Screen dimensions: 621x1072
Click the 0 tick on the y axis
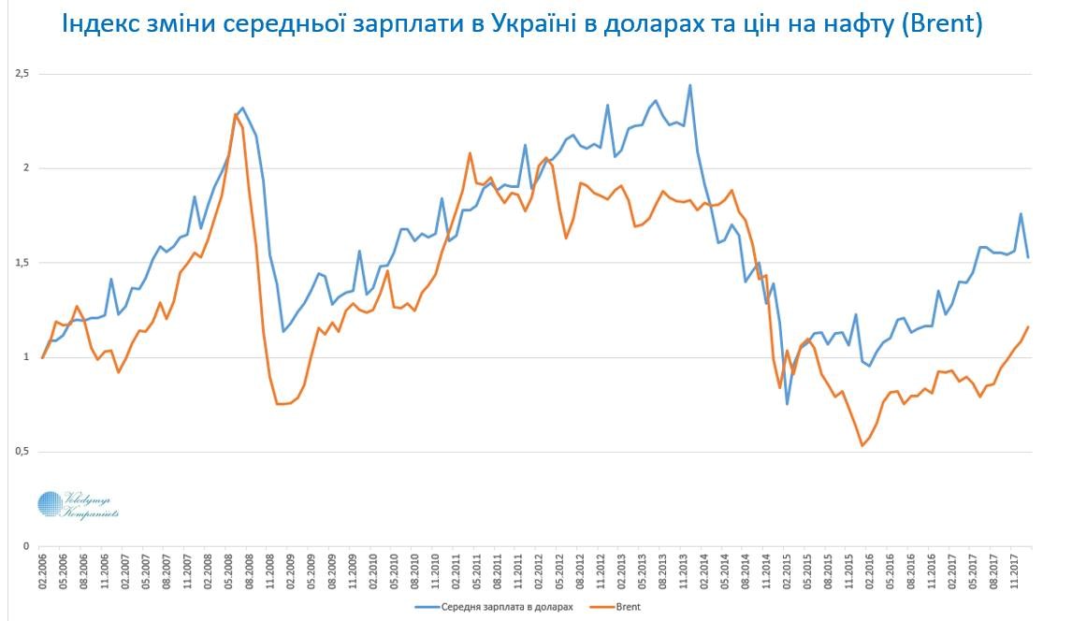pos(26,546)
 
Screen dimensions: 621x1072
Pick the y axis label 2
pos(26,168)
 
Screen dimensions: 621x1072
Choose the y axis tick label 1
pos(26,357)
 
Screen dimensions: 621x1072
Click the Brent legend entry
pos(630,606)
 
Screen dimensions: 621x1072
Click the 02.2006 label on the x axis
pos(43,571)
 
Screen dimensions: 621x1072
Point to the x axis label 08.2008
pos(250,571)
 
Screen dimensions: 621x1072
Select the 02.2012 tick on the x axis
pos(539,571)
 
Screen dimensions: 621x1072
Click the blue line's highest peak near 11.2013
pos(690,85)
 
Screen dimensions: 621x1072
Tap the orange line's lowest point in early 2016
pos(862,445)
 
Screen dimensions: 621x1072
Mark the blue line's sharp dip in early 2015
pos(787,404)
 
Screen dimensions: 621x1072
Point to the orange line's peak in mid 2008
pos(235,114)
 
